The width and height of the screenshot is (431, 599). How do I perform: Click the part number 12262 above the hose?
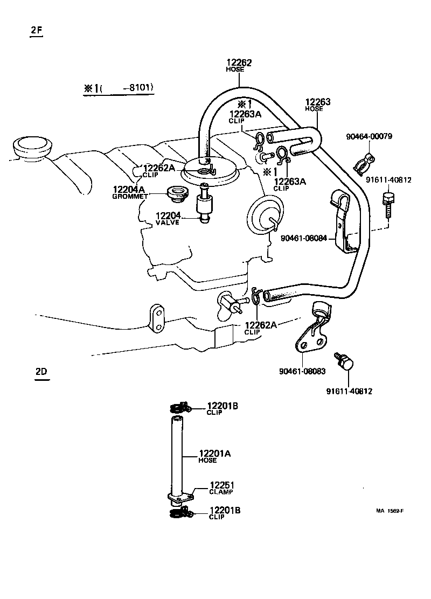pos(238,63)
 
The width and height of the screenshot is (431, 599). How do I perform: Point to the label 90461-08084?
pos(304,238)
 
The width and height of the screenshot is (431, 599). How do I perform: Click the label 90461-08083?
pos(302,371)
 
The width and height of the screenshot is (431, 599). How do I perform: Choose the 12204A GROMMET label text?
pos(129,192)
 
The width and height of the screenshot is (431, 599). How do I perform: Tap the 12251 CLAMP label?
pos(221,487)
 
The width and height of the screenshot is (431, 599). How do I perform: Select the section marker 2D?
pos(41,372)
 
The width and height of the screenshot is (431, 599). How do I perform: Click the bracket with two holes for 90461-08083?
pos(310,339)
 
